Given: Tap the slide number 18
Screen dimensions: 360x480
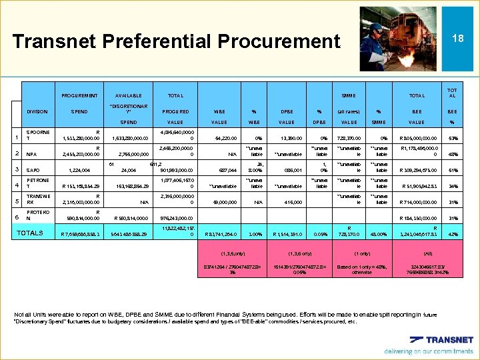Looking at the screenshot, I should tap(457, 39).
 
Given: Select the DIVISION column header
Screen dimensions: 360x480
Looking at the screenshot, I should tap(37, 111).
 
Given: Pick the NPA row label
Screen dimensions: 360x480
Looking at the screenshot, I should tap(31, 155).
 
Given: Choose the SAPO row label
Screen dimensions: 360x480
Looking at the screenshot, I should tap(33, 170).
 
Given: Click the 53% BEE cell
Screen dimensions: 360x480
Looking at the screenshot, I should tap(453, 139).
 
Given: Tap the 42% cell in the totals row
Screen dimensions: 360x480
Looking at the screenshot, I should tap(453, 234).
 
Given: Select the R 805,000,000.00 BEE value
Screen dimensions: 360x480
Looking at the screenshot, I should tap(416, 139).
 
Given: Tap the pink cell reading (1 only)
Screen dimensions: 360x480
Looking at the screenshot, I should tap(361, 253).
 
